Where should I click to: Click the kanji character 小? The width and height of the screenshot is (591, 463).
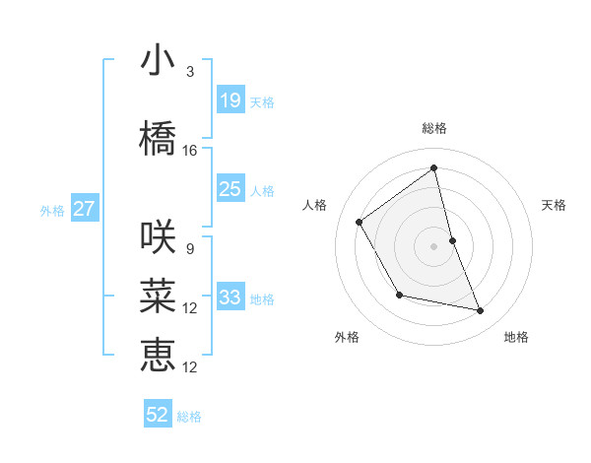[x=158, y=61]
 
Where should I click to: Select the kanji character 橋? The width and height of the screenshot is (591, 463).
[x=158, y=139]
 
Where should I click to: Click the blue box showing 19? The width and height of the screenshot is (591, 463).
[x=230, y=100]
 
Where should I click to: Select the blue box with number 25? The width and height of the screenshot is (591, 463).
[x=230, y=189]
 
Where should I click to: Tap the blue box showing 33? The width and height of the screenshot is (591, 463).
[x=230, y=298]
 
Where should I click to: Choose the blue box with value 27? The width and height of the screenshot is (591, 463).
[x=85, y=209]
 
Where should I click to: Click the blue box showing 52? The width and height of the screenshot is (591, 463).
[x=158, y=415]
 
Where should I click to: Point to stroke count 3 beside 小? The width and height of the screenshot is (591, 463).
[x=190, y=72]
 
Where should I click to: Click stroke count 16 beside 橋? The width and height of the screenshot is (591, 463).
[x=190, y=151]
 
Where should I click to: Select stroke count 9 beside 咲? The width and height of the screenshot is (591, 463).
[x=190, y=249]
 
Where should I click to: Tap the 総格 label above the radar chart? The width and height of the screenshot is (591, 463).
[x=433, y=128]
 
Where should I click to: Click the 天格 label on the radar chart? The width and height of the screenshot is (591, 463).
[x=554, y=205]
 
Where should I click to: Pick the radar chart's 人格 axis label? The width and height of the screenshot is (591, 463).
[x=314, y=205]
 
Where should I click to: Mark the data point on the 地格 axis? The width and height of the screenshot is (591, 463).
[x=481, y=311]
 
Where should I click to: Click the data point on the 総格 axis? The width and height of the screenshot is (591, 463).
[x=433, y=168]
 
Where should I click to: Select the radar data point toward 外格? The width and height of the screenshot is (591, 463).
[x=399, y=295]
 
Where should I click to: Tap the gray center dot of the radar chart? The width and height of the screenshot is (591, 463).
[x=433, y=245]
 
